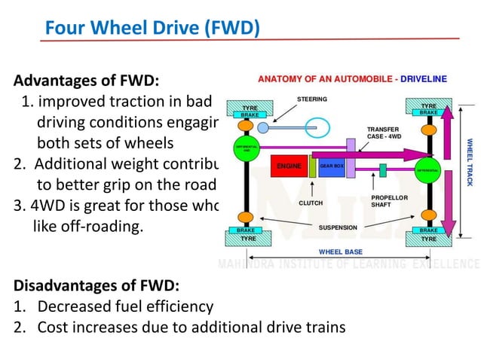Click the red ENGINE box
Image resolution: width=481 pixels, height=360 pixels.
tap(289, 166)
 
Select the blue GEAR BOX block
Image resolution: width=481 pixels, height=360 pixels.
tap(331, 166)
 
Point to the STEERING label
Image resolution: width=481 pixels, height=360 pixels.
tap(311, 99)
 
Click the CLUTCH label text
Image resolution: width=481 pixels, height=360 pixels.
tap(311, 203)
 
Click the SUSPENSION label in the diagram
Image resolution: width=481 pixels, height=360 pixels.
tap(337, 227)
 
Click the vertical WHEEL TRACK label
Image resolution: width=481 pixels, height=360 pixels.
tap(469, 161)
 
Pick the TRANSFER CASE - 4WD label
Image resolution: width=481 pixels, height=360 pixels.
tap(383, 133)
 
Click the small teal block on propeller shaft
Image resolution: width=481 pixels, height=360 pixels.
tap(382, 170)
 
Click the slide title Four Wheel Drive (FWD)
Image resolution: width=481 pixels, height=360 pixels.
tap(152, 28)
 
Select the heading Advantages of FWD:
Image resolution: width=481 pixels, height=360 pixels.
tap(87, 81)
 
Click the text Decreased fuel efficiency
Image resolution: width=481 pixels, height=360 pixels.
tap(125, 307)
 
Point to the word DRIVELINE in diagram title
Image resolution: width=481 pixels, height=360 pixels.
tap(424, 78)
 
